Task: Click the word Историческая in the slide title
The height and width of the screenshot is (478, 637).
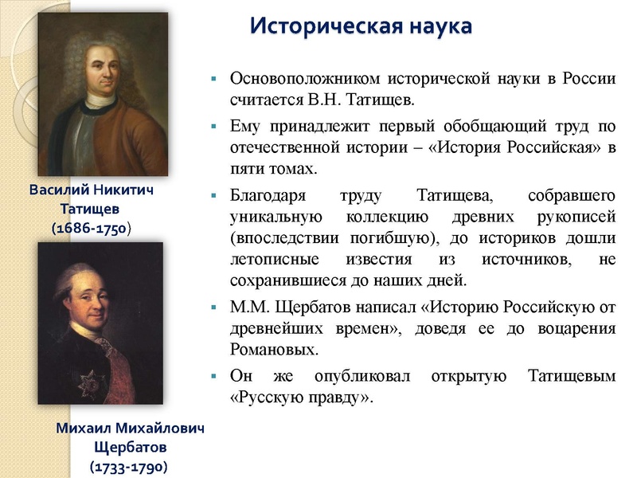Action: tap(322, 25)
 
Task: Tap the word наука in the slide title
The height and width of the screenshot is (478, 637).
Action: tap(436, 25)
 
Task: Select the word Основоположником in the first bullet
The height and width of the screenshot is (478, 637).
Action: tap(303, 79)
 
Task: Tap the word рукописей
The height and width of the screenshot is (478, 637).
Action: tap(579, 217)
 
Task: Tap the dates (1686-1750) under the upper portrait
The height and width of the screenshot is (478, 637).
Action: tap(90, 228)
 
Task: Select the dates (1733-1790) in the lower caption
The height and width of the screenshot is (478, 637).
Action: tap(129, 464)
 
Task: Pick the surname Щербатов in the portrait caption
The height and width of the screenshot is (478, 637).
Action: tap(129, 446)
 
